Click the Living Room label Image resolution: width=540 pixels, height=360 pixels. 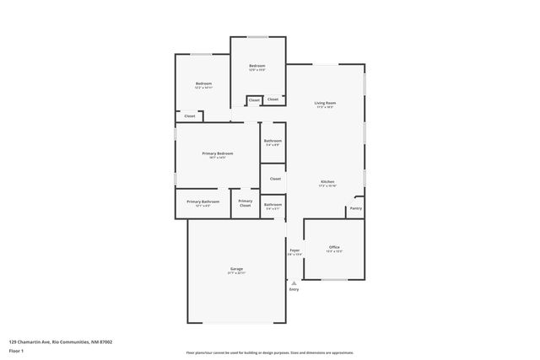click(325, 103)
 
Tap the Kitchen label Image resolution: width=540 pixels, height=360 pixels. click(327, 182)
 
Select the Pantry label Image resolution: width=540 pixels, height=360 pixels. click(356, 208)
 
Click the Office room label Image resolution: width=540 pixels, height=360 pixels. click(334, 247)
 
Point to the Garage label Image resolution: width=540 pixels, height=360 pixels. click(236, 269)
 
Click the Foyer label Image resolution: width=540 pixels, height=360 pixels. click(294, 250)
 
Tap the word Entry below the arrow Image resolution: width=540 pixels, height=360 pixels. click(294, 290)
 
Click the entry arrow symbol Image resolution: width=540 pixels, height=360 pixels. click(294, 282)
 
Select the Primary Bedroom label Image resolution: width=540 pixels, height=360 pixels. click(217, 153)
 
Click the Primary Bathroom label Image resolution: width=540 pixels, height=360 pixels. click(203, 201)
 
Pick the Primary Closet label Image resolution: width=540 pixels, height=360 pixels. click(245, 202)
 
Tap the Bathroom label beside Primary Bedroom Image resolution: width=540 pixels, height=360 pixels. click(273, 141)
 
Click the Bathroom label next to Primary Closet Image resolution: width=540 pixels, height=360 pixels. click(273, 204)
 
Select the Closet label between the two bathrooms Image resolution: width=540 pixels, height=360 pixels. click(275, 179)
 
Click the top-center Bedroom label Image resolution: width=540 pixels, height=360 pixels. click(257, 66)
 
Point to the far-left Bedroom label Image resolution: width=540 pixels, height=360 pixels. click(203, 83)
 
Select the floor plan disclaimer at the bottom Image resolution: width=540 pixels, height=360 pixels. click(269, 352)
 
